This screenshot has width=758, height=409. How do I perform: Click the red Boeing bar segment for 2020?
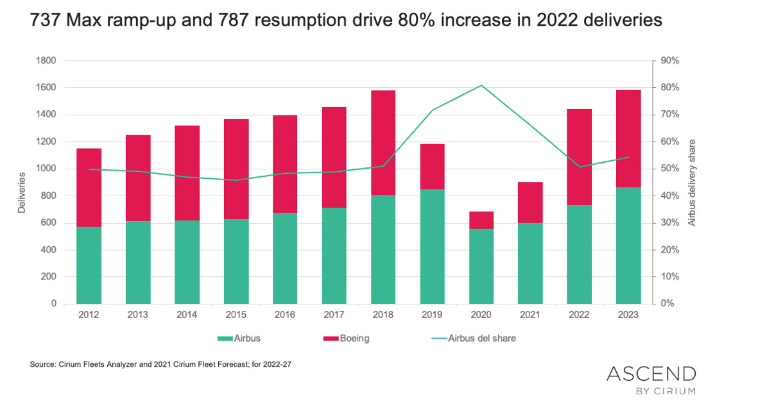(481, 220)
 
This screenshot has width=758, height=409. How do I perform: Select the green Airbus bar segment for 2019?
(432, 246)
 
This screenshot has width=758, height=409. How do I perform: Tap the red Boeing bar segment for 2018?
(383, 142)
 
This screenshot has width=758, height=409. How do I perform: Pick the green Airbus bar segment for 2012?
(89, 265)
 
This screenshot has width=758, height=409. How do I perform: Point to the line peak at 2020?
(481, 85)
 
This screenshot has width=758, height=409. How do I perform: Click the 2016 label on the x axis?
(285, 315)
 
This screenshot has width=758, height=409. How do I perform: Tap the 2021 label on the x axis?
(530, 315)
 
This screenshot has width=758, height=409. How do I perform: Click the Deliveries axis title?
(22, 192)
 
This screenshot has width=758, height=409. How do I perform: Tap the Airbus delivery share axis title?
(692, 183)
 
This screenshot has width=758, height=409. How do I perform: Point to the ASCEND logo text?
(651, 374)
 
